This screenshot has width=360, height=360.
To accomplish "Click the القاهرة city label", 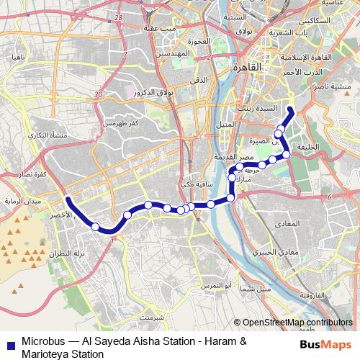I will (251, 67).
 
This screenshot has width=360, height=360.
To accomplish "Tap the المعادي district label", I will (286, 225).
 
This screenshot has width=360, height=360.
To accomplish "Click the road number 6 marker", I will (328, 197).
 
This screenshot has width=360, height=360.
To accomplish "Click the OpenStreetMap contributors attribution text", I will (296, 323).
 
